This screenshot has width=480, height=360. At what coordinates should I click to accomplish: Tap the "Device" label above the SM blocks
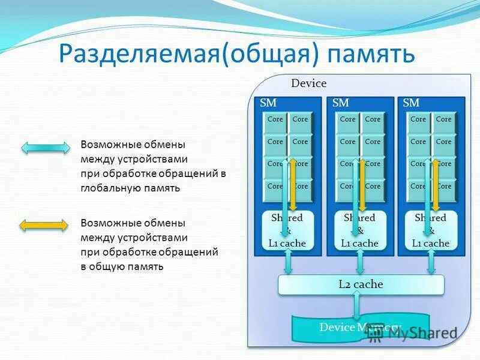tap(308, 83)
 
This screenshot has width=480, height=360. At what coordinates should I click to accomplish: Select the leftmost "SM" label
tap(268, 103)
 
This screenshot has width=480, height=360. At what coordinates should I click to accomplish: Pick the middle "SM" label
tap(340, 103)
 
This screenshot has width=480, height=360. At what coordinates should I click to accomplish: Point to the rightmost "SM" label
tap(411, 103)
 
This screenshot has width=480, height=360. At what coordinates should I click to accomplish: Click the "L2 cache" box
tap(361, 284)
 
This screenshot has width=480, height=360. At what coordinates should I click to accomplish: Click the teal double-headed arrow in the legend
tap(45, 148)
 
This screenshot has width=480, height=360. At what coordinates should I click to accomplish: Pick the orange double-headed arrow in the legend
tap(45, 225)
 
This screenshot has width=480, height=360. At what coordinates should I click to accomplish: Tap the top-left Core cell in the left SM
tap(275, 119)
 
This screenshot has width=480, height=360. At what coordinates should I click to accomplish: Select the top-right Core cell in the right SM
tap(444, 119)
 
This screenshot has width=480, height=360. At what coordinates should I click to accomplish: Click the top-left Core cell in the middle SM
tap(347, 119)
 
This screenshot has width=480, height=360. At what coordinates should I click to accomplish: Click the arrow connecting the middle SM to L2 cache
tap(360, 263)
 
